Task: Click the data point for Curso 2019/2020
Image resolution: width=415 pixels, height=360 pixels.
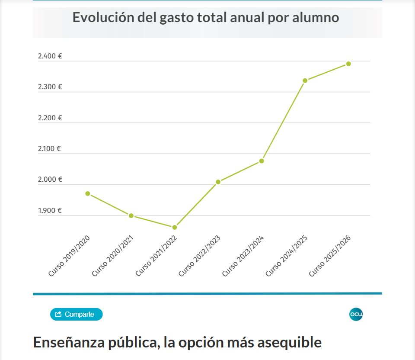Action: [88, 193]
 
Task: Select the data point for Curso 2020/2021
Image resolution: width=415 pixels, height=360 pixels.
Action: [131, 215]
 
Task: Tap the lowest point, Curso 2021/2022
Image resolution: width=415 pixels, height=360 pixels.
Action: [175, 227]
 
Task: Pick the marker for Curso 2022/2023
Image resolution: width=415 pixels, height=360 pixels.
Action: [218, 182]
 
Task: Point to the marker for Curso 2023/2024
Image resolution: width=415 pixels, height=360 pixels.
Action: [262, 161]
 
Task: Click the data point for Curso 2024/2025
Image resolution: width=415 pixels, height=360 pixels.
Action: [305, 80]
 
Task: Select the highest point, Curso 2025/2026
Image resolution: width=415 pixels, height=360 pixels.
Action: [348, 64]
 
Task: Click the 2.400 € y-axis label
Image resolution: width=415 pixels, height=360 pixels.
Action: [50, 56]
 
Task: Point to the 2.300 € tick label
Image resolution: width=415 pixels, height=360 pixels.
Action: [50, 87]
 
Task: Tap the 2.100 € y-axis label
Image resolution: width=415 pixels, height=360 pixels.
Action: [50, 148]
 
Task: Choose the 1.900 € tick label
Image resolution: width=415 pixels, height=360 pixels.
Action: [50, 210]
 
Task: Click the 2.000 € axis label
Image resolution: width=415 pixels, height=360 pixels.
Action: [50, 179]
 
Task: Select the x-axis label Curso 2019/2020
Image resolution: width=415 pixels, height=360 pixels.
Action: [69, 256]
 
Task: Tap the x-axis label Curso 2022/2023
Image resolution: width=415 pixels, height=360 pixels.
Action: [200, 256]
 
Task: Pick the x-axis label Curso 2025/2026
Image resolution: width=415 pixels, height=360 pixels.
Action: [330, 256]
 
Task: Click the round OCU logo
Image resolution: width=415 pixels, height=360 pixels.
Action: [356, 315]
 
